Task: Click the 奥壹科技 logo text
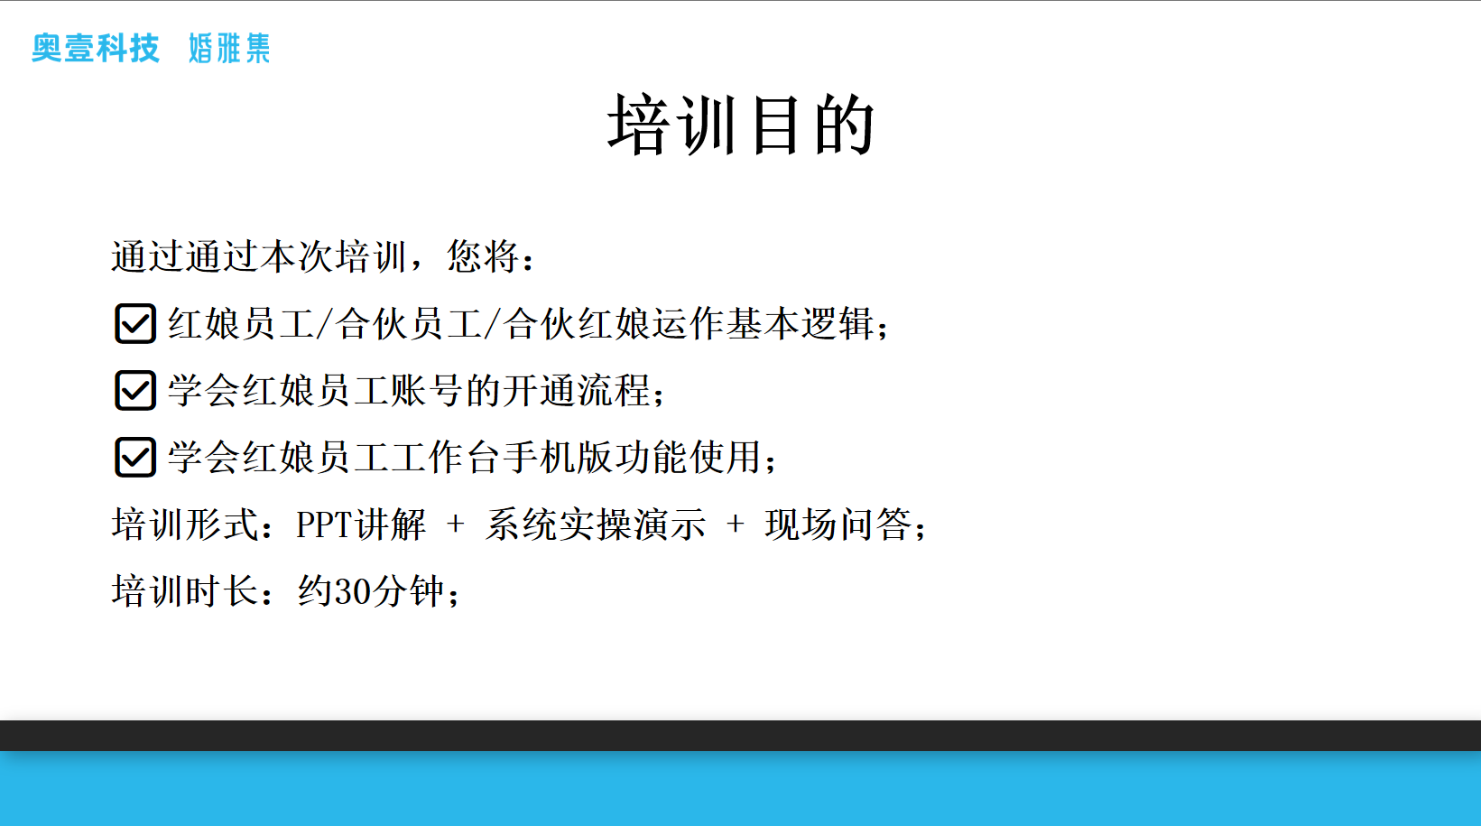pyautogui.click(x=96, y=48)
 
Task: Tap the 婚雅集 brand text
pyautogui.click(x=229, y=48)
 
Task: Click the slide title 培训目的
pyautogui.click(x=741, y=125)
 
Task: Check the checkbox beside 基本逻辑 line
pyautogui.click(x=135, y=323)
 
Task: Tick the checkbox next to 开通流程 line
pyautogui.click(x=135, y=390)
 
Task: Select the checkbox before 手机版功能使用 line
pyautogui.click(x=135, y=457)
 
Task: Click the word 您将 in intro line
pyautogui.click(x=483, y=256)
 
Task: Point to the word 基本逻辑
pyautogui.click(x=800, y=323)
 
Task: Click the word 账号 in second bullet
pyautogui.click(x=427, y=390)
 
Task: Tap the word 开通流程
pyautogui.click(x=576, y=390)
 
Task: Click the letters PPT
pyautogui.click(x=324, y=525)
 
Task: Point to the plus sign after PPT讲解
pyautogui.click(x=455, y=524)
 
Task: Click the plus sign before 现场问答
pyautogui.click(x=736, y=524)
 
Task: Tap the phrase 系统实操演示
pyautogui.click(x=595, y=524)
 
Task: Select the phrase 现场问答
pyautogui.click(x=838, y=524)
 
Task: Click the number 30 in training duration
pyautogui.click(x=352, y=591)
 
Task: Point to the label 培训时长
pyautogui.click(x=185, y=590)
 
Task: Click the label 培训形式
pyautogui.click(x=185, y=524)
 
